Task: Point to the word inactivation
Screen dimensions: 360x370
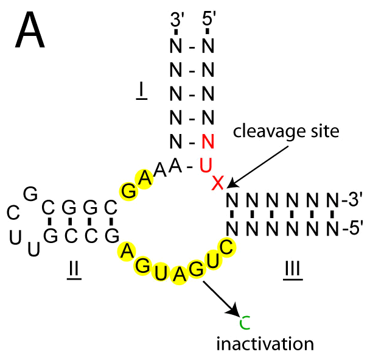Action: [265, 344]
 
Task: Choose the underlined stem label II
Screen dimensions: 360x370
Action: [74, 268]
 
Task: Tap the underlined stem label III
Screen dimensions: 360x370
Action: [293, 268]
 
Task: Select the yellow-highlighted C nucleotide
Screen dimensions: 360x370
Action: [226, 247]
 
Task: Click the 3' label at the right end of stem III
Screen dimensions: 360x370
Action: [352, 200]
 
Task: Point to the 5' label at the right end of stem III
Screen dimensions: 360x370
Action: [352, 228]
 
